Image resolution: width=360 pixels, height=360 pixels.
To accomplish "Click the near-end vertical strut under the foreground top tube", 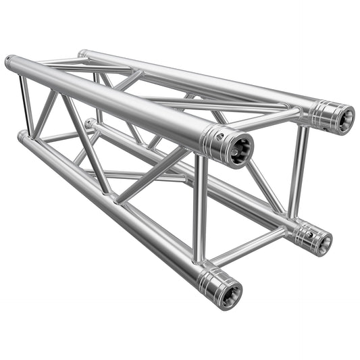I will (x=201, y=206).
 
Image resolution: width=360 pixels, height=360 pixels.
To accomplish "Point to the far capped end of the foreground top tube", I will (x=9, y=63).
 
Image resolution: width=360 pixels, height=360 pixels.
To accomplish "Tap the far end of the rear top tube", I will (x=82, y=53).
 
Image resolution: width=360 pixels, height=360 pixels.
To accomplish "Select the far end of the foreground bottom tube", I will (x=21, y=136).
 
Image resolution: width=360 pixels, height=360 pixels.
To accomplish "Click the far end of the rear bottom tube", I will (x=90, y=123).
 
